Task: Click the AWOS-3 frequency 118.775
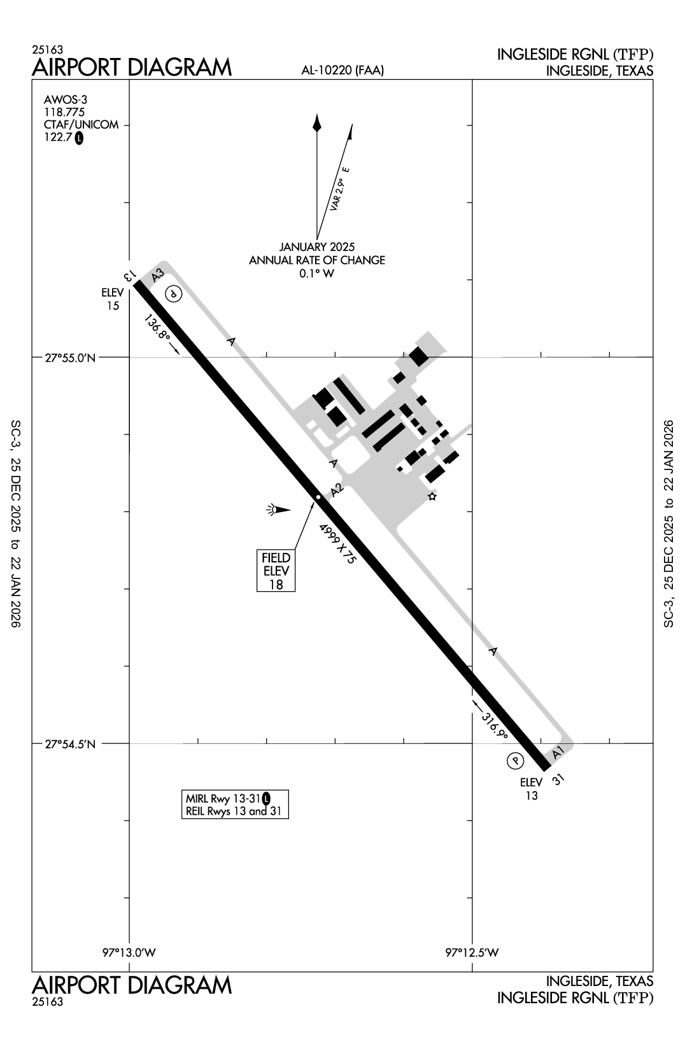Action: point(64,112)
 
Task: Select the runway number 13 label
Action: point(129,275)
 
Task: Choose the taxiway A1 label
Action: point(558,752)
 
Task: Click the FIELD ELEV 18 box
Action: point(276,571)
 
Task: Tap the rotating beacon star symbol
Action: point(432,496)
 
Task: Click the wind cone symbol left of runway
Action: point(278,509)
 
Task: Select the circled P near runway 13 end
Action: point(173,294)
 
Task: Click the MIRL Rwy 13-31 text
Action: point(223,798)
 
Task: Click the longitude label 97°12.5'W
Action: point(472,953)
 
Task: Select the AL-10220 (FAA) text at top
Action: point(342,71)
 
